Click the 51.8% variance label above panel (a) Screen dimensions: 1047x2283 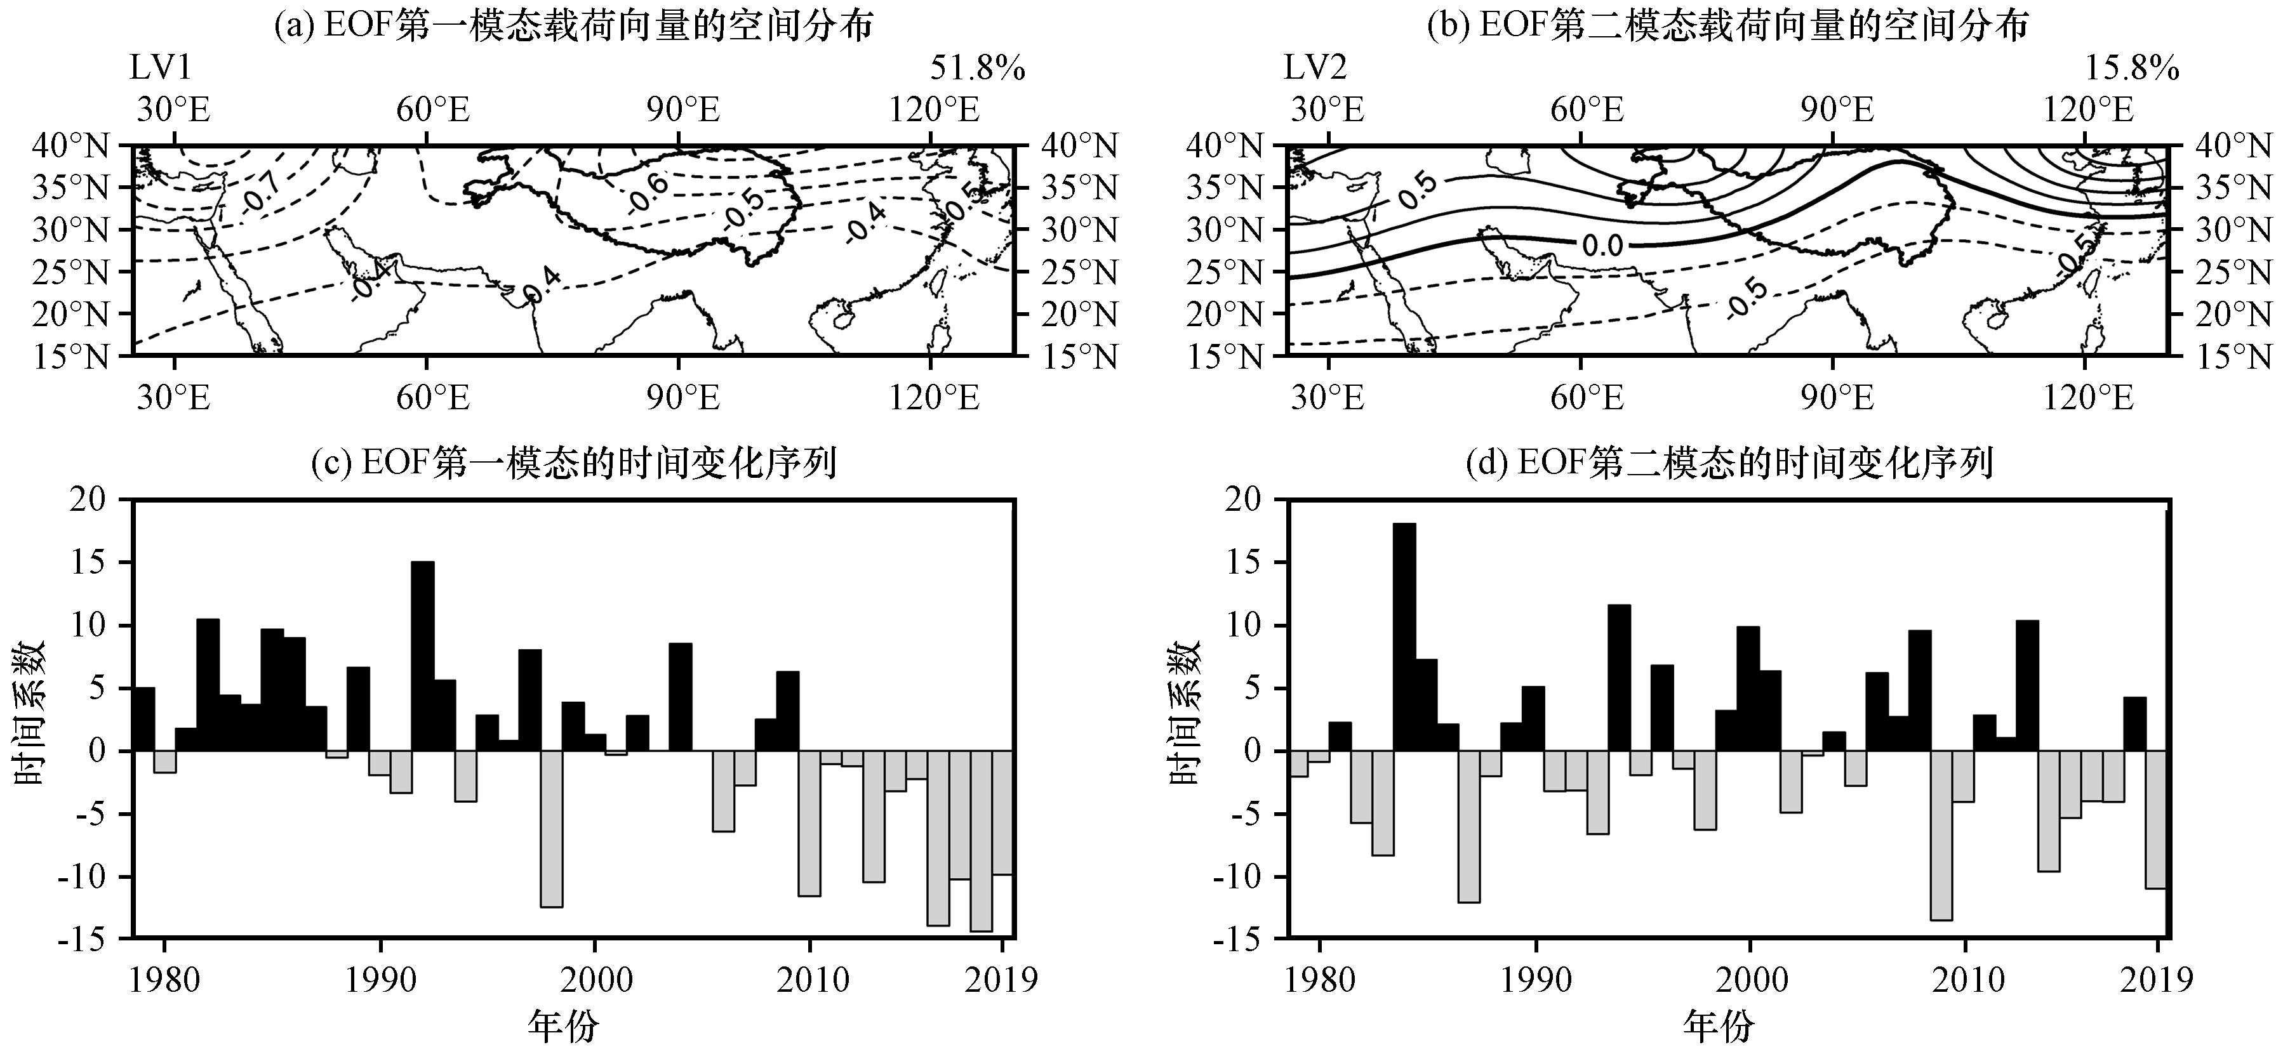click(976, 68)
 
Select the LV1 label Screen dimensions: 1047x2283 click(161, 68)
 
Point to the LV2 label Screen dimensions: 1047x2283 click(1316, 68)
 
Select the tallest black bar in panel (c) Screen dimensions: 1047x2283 click(423, 655)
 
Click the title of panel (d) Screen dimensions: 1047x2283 click(1729, 463)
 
